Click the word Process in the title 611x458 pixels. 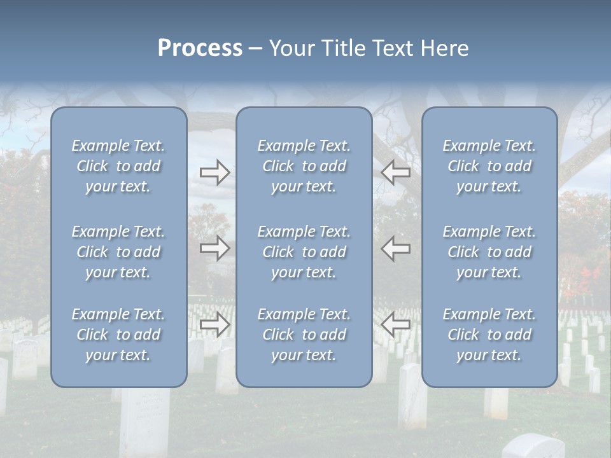coord(200,48)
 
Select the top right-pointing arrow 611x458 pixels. coord(215,172)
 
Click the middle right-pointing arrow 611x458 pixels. coord(215,248)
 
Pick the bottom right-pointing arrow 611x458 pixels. coord(215,324)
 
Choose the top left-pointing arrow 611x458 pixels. coord(396,172)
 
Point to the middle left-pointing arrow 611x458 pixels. coord(396,248)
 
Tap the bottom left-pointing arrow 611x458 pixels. coord(396,324)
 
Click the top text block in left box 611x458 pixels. coord(118,166)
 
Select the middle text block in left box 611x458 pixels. coord(118,252)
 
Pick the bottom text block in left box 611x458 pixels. coord(118,335)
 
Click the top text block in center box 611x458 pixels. coord(304,166)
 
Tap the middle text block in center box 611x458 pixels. coord(304,252)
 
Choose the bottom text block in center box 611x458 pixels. coord(304,335)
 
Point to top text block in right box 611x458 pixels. coord(489,166)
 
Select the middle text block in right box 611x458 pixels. coord(489,252)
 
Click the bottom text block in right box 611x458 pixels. coord(489,335)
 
